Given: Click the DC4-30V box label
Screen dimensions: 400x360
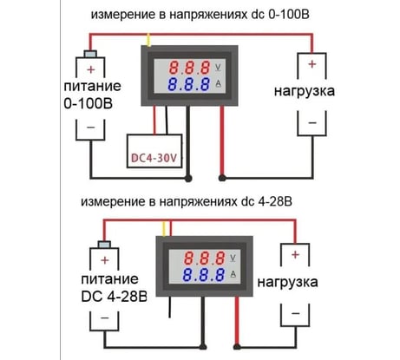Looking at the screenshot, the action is (154, 158).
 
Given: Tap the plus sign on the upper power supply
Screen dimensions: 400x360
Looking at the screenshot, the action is (91, 69).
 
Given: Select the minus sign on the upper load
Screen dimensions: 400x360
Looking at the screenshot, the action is (312, 123).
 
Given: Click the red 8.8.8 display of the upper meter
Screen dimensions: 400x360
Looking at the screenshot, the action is (189, 68).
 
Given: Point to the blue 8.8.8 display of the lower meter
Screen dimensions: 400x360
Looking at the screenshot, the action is (204, 275).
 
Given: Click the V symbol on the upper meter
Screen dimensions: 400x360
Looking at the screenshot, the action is (218, 68).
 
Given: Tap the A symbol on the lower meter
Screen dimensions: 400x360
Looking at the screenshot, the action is (233, 274).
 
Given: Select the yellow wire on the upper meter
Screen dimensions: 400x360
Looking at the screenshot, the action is (149, 40).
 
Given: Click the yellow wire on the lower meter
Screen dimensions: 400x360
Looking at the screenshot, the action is (164, 229).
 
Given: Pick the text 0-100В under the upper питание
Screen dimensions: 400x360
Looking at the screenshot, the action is (89, 103).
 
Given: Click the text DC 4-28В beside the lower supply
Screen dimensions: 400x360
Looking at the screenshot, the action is (115, 297).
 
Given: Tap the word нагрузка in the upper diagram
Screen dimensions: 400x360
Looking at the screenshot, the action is (305, 91).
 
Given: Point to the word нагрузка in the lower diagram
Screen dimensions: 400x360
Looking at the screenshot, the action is (287, 282).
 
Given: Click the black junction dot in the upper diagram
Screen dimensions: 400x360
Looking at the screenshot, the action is (188, 179).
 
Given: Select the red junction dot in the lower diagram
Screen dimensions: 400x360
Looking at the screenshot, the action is (237, 346).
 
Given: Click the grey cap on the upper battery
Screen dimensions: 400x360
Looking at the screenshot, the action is (90, 54).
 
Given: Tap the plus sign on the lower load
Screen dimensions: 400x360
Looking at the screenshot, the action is (295, 255).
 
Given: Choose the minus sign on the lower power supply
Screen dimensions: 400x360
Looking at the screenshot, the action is (105, 317).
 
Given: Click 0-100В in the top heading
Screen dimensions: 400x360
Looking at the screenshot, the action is (289, 15).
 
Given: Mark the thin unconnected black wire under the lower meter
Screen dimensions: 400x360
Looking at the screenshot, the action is (170, 307).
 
